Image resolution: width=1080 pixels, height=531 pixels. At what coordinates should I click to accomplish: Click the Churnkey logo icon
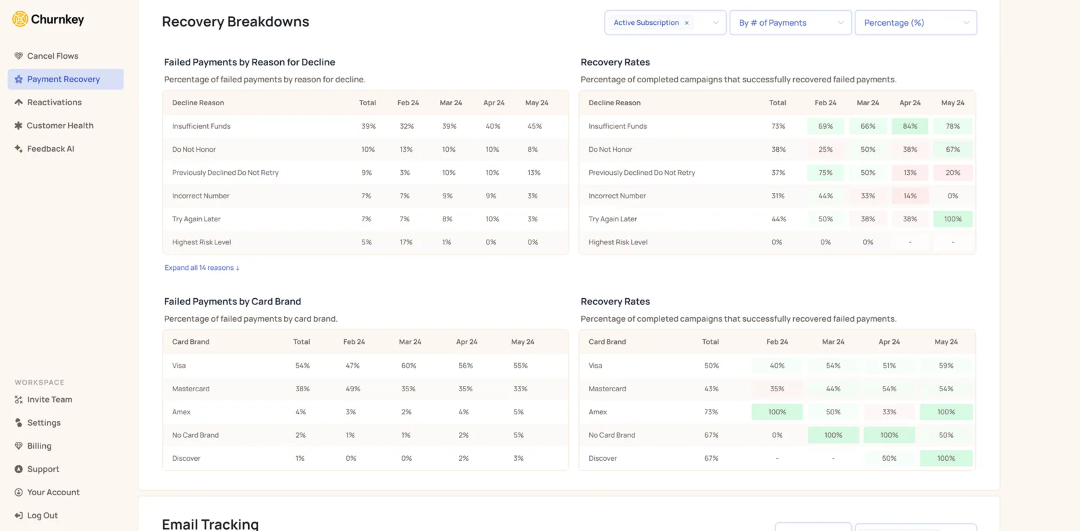pyautogui.click(x=20, y=19)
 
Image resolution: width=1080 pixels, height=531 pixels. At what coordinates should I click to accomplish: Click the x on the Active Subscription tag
pyautogui.click(x=686, y=23)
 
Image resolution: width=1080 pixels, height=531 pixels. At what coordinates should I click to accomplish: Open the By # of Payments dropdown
pyautogui.click(x=790, y=23)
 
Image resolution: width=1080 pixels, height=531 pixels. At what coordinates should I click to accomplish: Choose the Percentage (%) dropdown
pyautogui.click(x=915, y=23)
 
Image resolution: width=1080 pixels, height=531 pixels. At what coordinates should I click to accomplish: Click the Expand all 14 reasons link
pyautogui.click(x=202, y=267)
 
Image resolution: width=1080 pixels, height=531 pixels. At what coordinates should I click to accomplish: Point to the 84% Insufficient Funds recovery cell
pyautogui.click(x=910, y=126)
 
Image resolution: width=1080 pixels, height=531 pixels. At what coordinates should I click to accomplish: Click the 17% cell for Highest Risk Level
pyautogui.click(x=406, y=242)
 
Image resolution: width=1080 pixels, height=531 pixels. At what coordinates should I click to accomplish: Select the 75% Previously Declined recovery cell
pyautogui.click(x=826, y=173)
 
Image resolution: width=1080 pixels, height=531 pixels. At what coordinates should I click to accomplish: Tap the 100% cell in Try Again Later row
pyautogui.click(x=952, y=219)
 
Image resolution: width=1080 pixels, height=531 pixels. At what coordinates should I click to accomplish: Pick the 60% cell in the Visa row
pyautogui.click(x=408, y=365)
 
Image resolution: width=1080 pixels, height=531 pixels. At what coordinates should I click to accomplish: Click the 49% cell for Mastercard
pyautogui.click(x=353, y=389)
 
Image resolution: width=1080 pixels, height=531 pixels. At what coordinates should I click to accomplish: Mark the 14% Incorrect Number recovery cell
pyautogui.click(x=910, y=196)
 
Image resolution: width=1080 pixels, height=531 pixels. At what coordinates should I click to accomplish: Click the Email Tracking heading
pyautogui.click(x=210, y=524)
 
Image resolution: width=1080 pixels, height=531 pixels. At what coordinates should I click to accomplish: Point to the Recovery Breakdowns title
pyautogui.click(x=236, y=22)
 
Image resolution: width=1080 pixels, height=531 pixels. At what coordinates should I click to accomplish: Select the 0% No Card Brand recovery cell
pyautogui.click(x=777, y=435)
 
